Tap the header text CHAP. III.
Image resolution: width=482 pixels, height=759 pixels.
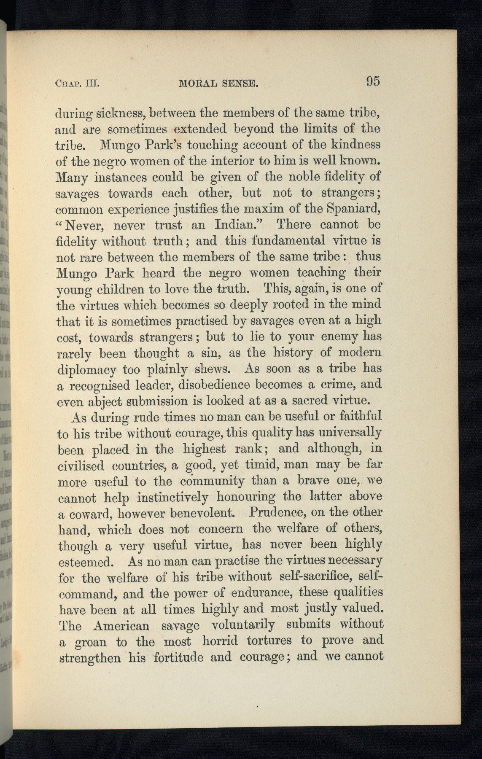[77, 83]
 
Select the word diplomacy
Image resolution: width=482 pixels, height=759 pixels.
[86, 370]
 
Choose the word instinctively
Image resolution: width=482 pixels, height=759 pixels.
[172, 497]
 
